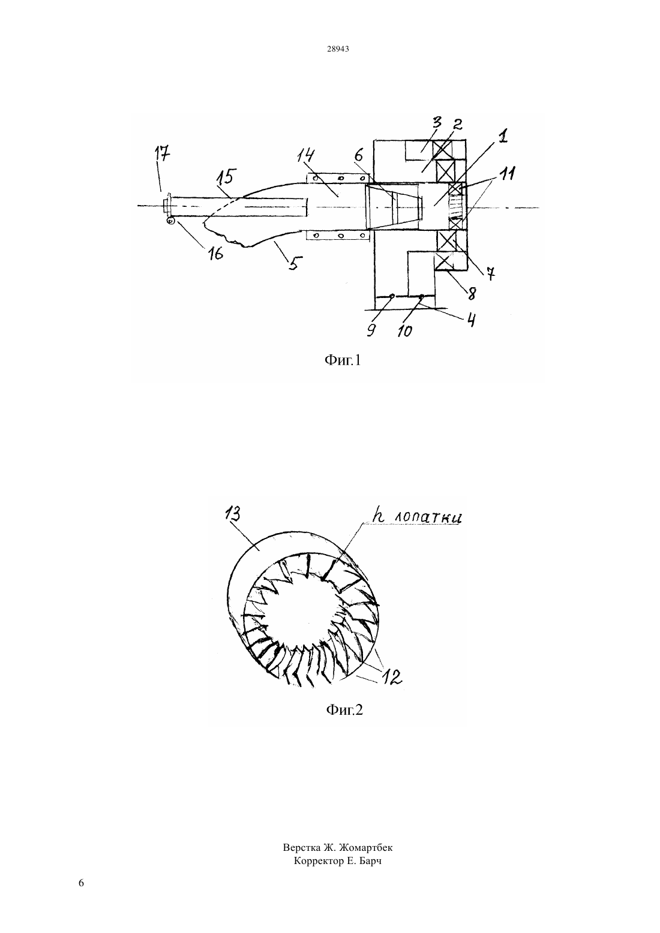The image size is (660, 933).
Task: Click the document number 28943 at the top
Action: [x=338, y=49]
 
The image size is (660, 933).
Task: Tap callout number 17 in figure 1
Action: [x=163, y=155]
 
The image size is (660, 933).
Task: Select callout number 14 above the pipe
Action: [x=306, y=156]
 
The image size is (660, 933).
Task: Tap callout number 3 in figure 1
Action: [x=437, y=124]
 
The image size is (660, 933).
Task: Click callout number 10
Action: [x=404, y=331]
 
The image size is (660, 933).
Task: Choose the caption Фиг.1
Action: [x=342, y=360]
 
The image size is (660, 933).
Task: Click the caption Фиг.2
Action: [x=344, y=709]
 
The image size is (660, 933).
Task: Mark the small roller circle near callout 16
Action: [x=170, y=221]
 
